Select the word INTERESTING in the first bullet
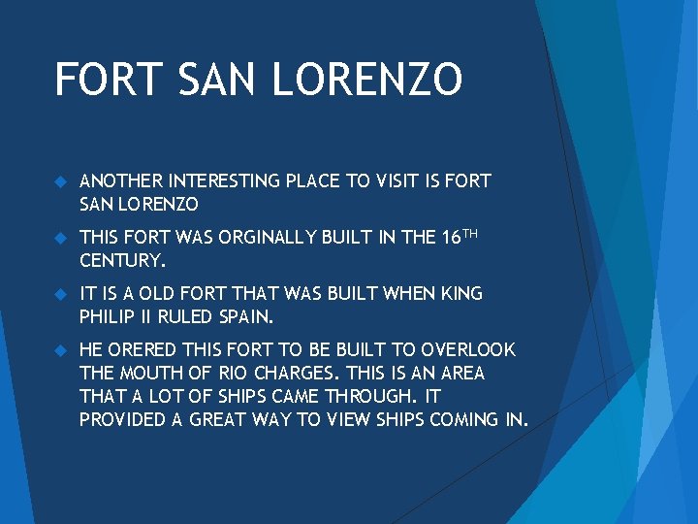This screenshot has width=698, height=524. tap(223, 181)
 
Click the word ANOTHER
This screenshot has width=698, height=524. tap(121, 181)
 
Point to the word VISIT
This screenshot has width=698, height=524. tap(398, 181)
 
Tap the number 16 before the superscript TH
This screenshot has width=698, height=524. tap(448, 238)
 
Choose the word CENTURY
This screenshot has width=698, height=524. tap(123, 261)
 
